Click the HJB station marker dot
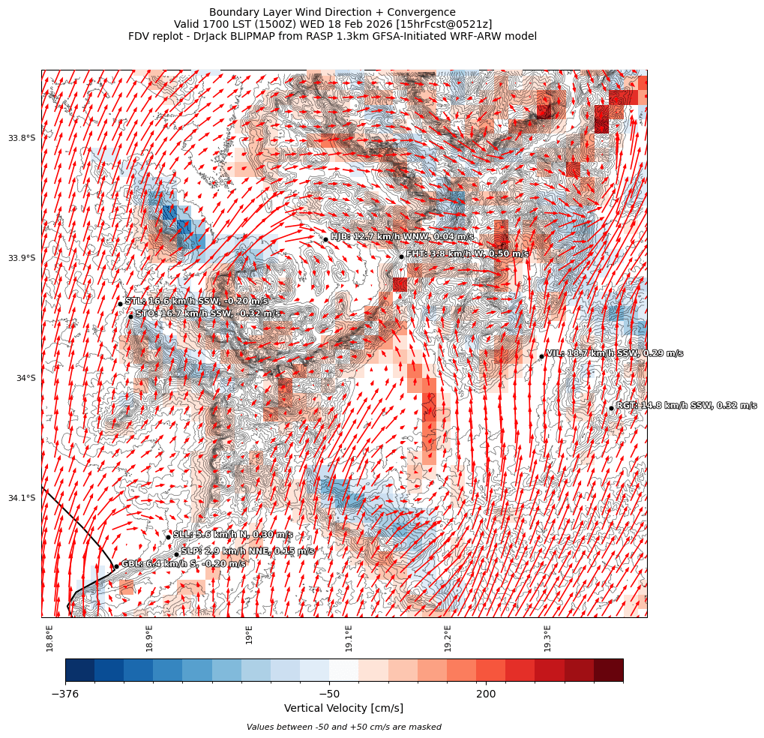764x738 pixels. coord(325,239)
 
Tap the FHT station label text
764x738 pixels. coord(467,254)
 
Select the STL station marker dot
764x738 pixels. coord(120,304)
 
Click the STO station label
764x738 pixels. coord(208,313)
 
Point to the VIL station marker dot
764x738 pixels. coord(541,356)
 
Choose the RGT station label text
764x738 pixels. coord(686,406)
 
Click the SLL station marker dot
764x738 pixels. coord(168,536)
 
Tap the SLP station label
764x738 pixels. coord(247,551)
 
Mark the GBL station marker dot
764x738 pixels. coord(115,566)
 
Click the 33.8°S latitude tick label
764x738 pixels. coord(22,138)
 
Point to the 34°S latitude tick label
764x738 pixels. coord(25,378)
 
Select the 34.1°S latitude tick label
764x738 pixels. coord(22,498)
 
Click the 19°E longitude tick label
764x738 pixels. coord(249,633)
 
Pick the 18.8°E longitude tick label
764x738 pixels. coord(49,637)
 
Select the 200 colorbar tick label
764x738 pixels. coord(485,694)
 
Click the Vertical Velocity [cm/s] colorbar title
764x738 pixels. coord(343,709)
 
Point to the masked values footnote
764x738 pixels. coord(343,727)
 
